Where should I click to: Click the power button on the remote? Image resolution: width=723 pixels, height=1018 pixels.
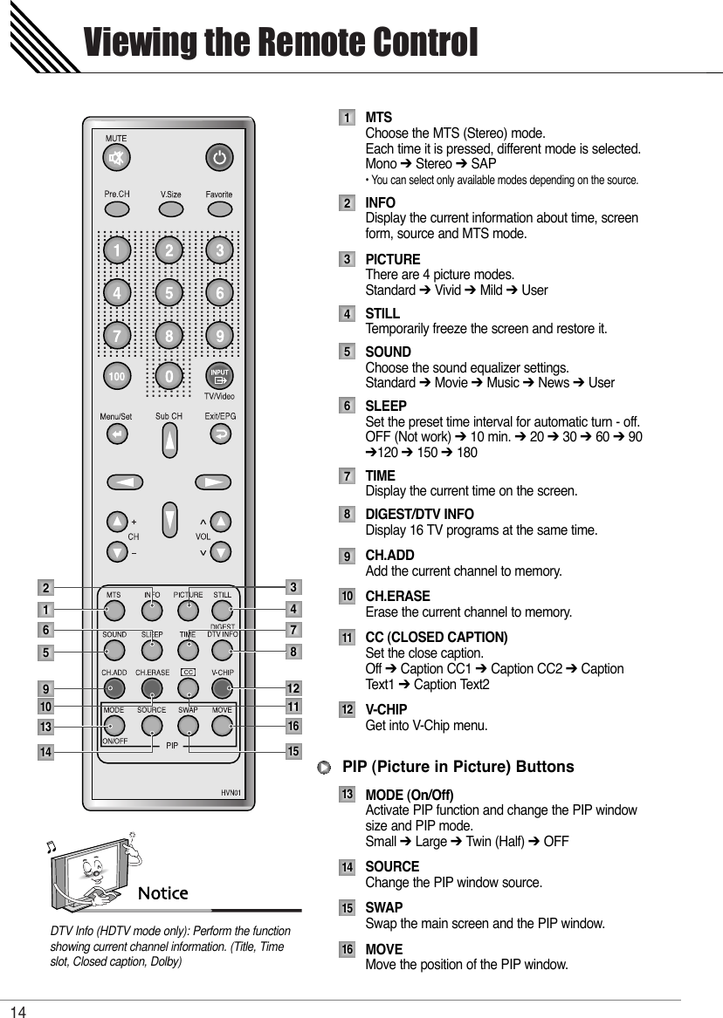click(219, 159)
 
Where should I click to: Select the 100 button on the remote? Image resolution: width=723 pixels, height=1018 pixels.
click(116, 376)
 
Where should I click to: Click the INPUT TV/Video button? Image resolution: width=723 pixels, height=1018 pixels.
click(219, 376)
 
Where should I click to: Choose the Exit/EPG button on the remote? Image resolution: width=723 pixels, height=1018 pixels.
click(220, 433)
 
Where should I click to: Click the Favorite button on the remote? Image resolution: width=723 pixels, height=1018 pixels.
click(219, 209)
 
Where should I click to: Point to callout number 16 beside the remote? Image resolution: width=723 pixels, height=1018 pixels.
click(294, 726)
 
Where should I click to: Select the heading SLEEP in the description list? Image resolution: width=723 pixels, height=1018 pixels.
click(385, 407)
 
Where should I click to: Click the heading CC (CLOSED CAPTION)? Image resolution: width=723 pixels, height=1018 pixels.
click(436, 637)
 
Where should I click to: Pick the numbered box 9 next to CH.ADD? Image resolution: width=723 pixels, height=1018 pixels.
click(348, 557)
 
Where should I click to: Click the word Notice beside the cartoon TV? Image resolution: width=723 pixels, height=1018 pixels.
click(164, 892)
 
